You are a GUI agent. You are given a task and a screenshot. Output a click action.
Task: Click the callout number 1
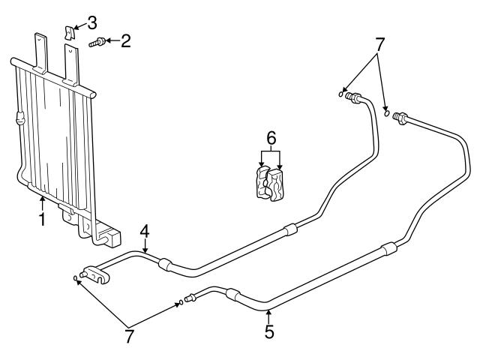click(x=43, y=219)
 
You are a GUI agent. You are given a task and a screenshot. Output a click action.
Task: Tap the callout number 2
click(x=125, y=41)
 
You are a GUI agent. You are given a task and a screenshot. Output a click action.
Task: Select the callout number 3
click(x=92, y=20)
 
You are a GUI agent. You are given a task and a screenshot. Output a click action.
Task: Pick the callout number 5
click(x=268, y=330)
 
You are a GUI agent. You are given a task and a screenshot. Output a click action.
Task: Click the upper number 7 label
click(x=380, y=44)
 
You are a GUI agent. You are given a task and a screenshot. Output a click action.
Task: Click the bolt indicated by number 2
click(x=97, y=43)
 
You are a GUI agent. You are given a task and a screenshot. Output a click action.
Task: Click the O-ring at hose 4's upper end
click(x=341, y=94)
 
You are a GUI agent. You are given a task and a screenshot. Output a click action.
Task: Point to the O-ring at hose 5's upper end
click(x=387, y=114)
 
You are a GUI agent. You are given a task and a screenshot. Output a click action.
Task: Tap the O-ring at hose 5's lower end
click(x=180, y=303)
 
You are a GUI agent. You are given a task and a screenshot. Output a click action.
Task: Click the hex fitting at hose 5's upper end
click(x=401, y=118)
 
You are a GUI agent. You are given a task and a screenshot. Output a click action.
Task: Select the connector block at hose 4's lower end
click(x=95, y=275)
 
